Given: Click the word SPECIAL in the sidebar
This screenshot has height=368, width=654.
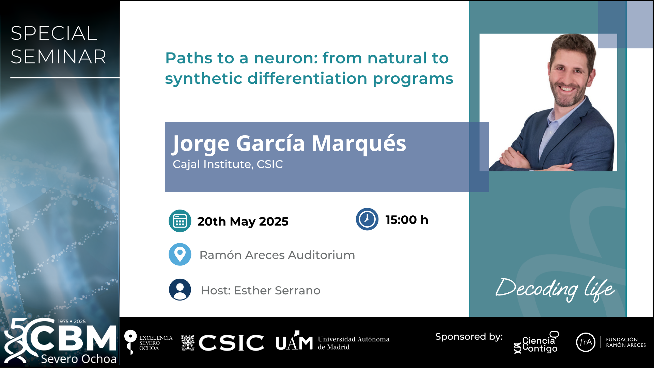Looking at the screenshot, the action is click(54, 33).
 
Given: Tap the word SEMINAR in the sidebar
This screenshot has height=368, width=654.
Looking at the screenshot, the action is click(59, 57).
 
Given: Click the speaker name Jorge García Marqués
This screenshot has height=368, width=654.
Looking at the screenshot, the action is click(289, 143).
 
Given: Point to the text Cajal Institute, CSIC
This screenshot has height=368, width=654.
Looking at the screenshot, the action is click(228, 164).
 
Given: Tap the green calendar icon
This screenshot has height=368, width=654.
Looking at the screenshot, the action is click(180, 221).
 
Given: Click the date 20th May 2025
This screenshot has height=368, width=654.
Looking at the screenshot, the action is click(243, 221).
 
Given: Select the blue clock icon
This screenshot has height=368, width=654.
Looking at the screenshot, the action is click(367, 219).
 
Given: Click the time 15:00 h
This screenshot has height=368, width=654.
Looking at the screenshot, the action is click(407, 220).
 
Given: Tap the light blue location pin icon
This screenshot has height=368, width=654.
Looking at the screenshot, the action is click(180, 254).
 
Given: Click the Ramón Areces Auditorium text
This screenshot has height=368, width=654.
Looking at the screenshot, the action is click(277, 255).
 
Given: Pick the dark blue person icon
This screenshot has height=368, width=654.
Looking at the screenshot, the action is click(180, 290).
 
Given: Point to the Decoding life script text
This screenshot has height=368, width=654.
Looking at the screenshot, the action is click(555, 289).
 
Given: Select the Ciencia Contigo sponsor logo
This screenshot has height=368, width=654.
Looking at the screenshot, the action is click(536, 342).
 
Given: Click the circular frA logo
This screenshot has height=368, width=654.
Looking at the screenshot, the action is click(586, 342).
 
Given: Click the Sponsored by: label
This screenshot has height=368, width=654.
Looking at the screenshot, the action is click(469, 337).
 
